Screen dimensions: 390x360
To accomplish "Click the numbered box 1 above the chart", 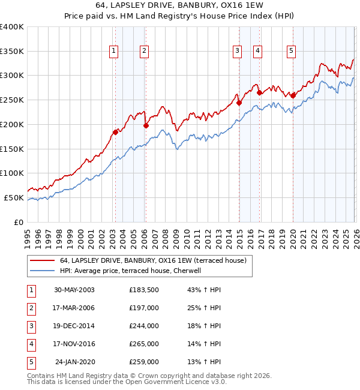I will point(113,52).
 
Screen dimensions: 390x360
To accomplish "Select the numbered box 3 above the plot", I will point(238,52).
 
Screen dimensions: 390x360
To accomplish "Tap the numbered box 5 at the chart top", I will point(291,52).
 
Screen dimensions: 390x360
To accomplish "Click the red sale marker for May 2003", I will point(115,131).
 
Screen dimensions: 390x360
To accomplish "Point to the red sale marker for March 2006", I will point(145,125).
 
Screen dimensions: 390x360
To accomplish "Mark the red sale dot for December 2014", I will point(239,103).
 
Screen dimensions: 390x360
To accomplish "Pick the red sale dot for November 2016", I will point(259,92).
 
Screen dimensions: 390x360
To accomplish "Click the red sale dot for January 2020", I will point(293,95).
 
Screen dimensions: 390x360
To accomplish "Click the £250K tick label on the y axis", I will point(12,100).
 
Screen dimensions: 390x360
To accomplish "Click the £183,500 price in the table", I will point(144,289).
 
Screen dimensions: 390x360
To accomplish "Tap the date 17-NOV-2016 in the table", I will point(74,344).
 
